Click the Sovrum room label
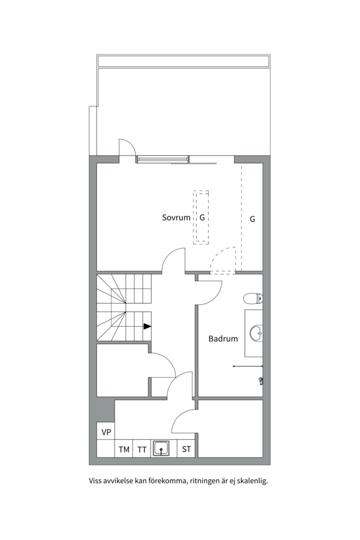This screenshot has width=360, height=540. click(x=176, y=217)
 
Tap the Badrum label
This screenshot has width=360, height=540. click(x=223, y=339)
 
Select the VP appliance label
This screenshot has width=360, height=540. click(x=106, y=432)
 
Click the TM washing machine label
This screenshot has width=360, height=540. click(x=124, y=449)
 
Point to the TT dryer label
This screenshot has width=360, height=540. click(x=142, y=450)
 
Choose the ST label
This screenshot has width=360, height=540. click(x=186, y=449)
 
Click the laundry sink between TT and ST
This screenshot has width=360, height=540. click(x=161, y=448)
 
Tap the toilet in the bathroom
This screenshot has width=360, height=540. click(x=253, y=298)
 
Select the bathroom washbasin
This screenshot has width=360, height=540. click(x=256, y=333)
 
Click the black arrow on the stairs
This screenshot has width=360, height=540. click(x=147, y=326)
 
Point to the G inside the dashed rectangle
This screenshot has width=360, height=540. click(x=202, y=217)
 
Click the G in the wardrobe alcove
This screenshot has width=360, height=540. click(x=252, y=219)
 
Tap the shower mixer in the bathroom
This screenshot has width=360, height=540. click(x=261, y=380)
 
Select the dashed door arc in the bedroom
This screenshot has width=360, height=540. click(x=217, y=254)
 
